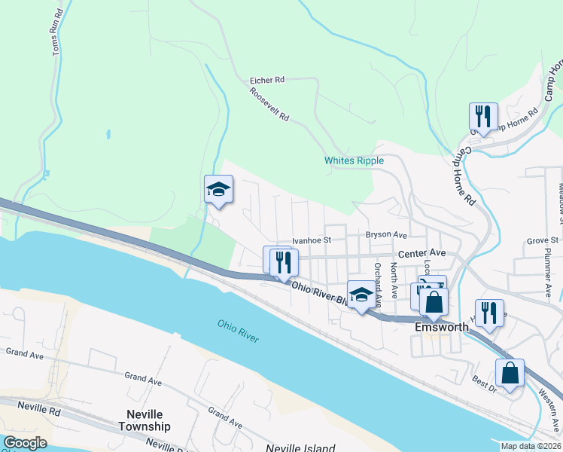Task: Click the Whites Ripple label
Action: coord(354,160)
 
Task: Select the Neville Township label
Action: coord(144,420)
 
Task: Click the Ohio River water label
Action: coord(238,331)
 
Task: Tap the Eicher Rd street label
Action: coord(267,79)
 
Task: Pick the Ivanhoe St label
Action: coord(312,240)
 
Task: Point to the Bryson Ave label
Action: coord(386,234)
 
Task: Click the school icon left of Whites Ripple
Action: coord(218,189)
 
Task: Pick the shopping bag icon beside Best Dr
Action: coord(510,373)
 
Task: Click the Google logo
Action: coord(25,443)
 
